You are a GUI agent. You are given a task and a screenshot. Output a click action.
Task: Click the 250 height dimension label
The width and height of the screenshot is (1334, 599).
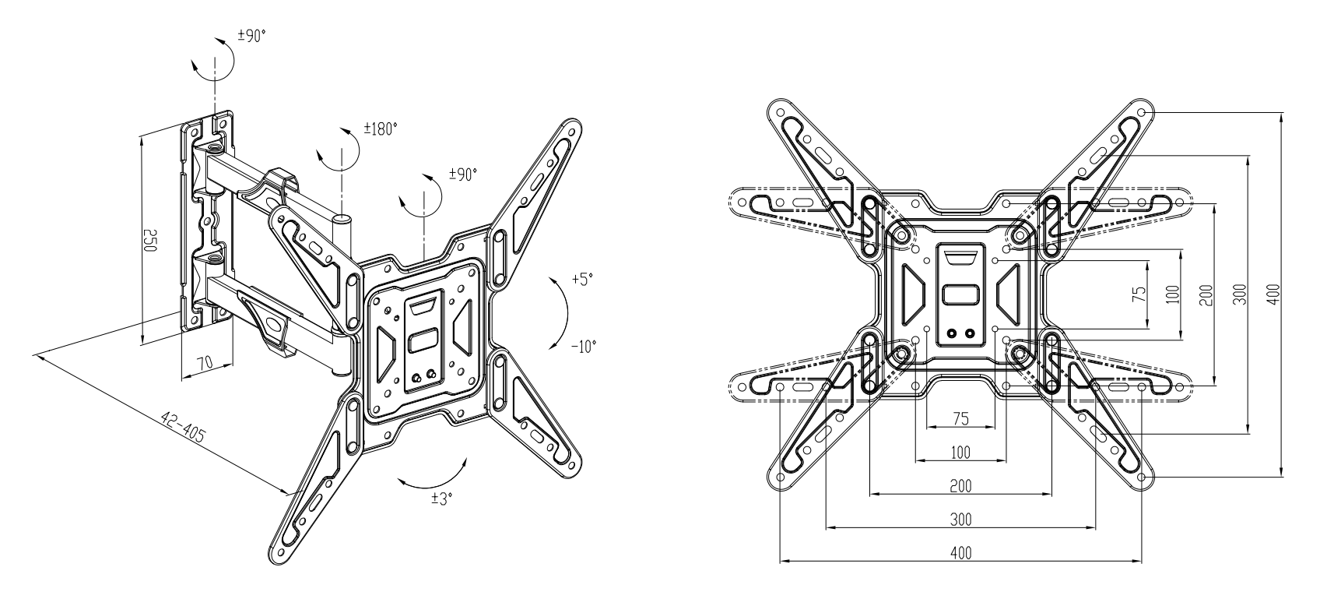149,241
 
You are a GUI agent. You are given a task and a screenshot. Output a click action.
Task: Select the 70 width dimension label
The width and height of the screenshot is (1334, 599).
204,362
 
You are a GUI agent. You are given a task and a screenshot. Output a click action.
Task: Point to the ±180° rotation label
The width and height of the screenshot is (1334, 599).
381,129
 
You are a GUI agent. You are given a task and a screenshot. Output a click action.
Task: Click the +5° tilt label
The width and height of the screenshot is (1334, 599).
582,279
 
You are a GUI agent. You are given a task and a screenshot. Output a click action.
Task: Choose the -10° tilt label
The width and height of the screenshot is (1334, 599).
584,347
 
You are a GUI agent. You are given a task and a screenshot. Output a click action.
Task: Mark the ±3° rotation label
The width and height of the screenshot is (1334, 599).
442,499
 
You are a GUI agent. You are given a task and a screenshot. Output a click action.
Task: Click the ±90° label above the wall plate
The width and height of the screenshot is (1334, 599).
251,36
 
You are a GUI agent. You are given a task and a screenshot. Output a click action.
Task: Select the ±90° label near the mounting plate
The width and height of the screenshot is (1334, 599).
463,174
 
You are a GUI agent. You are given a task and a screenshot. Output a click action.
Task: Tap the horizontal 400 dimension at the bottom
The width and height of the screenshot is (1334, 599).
960,553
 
